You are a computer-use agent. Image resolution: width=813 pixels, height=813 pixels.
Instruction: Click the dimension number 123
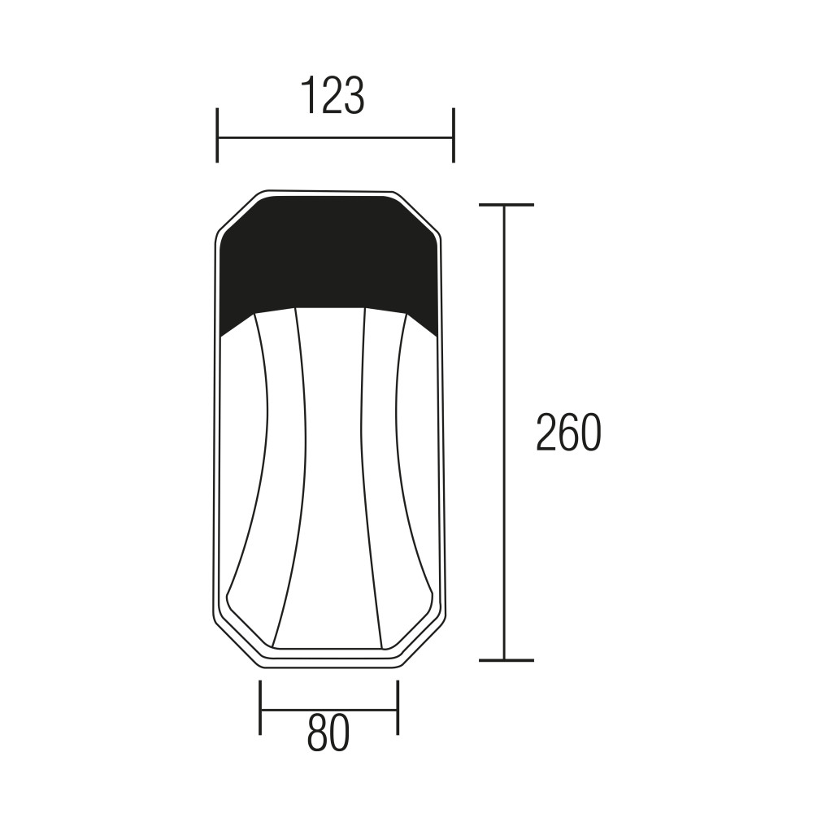tap(333, 95)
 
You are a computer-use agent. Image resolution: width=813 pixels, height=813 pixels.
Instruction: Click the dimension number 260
tap(568, 433)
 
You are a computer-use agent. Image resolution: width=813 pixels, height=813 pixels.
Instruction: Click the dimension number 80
tap(328, 733)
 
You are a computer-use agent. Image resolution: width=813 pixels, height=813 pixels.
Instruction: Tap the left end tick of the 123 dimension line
tap(217, 135)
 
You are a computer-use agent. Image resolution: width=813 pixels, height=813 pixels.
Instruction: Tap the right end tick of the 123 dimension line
tap(454, 135)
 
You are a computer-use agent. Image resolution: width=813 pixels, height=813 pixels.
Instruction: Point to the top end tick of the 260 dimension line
tap(506, 206)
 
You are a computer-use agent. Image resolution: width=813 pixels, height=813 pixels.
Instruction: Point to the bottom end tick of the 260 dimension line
tap(506, 660)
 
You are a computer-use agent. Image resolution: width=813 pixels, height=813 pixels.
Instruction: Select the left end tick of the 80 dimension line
tap(260, 707)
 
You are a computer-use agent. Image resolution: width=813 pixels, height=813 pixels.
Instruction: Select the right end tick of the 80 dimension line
tap(398, 707)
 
